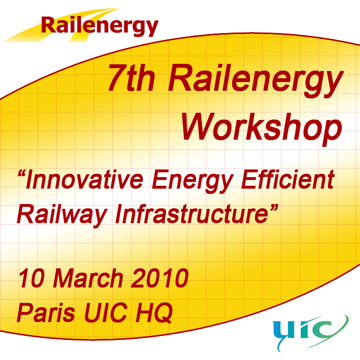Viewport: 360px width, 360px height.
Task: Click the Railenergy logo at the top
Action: (x=80, y=25)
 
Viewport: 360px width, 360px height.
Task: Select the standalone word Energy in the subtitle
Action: (x=192, y=181)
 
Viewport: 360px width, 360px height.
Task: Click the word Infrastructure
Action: (x=192, y=214)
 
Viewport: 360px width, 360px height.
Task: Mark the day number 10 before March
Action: (x=32, y=278)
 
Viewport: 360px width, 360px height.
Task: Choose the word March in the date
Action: (x=88, y=278)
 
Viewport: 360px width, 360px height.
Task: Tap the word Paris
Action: (x=46, y=312)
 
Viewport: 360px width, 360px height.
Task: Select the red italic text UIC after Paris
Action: (x=106, y=312)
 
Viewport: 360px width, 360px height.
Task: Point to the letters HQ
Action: (x=154, y=313)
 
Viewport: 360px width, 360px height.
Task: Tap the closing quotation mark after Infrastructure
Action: (x=274, y=207)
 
